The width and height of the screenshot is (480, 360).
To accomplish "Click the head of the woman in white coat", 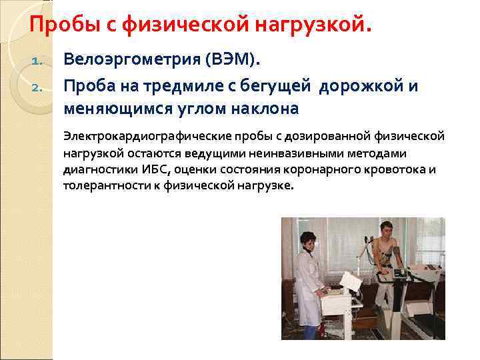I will [309, 241].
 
